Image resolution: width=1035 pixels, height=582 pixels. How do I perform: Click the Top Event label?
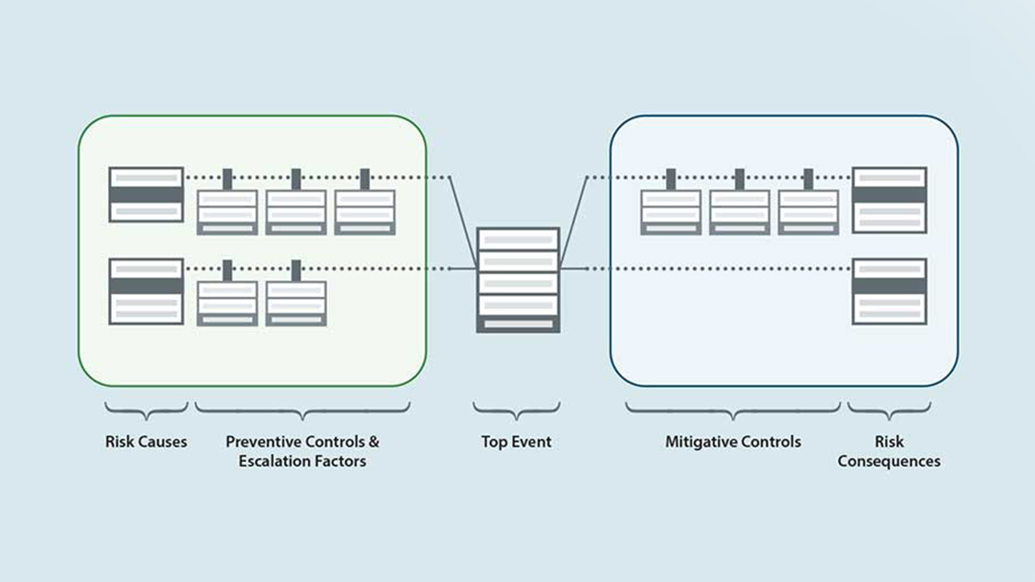[x=516, y=442]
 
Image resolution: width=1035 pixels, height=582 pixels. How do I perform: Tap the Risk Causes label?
[x=146, y=442]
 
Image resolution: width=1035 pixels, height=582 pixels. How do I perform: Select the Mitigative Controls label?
[x=733, y=442]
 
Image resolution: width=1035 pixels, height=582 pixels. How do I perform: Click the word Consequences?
[x=889, y=461]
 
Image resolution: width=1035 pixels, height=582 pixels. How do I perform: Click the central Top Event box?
[x=518, y=280]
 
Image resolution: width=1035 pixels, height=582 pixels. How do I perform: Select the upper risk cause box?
[x=146, y=195]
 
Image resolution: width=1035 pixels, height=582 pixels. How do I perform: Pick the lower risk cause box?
[x=146, y=292]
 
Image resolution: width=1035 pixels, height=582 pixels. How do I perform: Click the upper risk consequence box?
[x=889, y=200]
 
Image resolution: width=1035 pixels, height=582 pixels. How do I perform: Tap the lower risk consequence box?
[x=889, y=292]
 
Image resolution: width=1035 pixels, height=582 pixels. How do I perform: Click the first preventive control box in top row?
[x=227, y=212]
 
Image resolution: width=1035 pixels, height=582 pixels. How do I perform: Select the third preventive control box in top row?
[x=365, y=212]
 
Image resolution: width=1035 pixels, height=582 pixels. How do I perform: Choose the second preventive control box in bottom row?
[x=296, y=303]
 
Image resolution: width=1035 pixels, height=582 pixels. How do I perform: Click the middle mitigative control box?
[x=739, y=212]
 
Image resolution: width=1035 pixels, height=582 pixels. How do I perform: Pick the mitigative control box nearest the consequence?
[x=808, y=212]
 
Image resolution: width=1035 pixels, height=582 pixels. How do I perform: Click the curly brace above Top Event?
[x=516, y=411]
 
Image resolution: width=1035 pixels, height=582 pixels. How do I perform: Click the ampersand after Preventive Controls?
[x=374, y=442]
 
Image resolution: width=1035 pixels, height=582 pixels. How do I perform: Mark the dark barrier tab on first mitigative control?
[x=671, y=179]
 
